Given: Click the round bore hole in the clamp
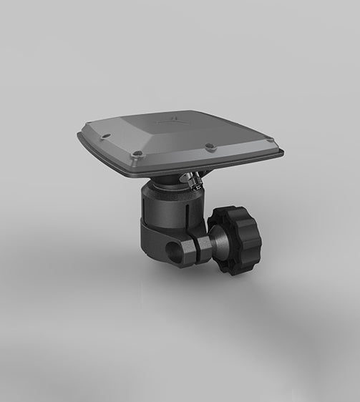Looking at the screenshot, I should tap(172, 251).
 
